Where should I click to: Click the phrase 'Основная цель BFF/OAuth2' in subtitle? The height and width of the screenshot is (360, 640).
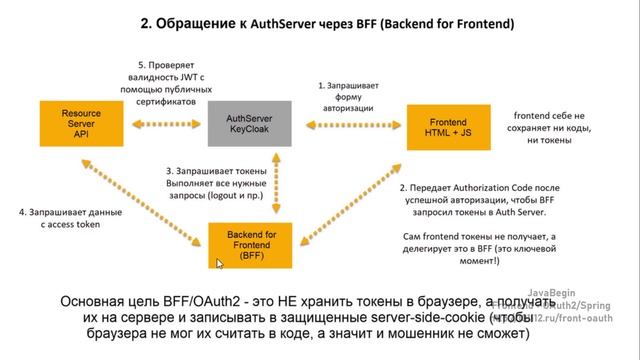pos(144,300)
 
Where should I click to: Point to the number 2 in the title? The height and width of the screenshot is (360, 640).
pos(145,21)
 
